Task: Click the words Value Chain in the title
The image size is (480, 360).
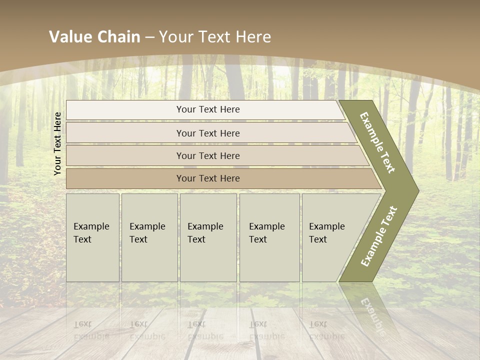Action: pos(94,37)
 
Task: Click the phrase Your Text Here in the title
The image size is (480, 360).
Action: pos(215,37)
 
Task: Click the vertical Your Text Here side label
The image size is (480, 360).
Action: pos(57,143)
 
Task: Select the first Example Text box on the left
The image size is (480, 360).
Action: pos(92,237)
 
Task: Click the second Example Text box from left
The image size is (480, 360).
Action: pos(149,237)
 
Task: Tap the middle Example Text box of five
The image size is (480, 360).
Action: pos(208,237)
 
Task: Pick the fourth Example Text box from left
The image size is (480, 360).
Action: pos(269,237)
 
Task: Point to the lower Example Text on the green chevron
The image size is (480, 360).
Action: pos(379,236)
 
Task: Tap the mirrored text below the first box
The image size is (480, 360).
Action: pos(91,330)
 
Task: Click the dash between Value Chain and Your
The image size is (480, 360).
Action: pos(149,37)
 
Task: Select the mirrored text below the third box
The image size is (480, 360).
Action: pos(205,330)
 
